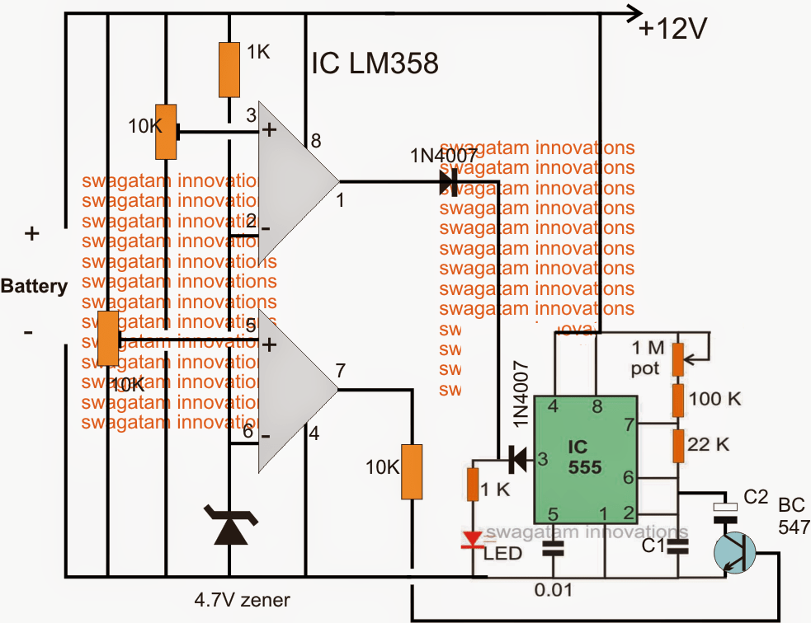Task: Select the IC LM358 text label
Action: pos(375,63)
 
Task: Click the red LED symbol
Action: pos(473,540)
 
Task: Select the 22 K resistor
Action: pos(679,445)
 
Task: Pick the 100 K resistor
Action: pos(679,400)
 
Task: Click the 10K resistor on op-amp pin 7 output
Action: pos(412,471)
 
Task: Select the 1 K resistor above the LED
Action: pos(474,485)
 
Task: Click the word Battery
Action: pos(35,287)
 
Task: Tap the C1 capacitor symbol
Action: pos(678,546)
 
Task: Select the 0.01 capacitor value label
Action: pos(553,590)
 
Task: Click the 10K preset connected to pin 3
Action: pos(167,132)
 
